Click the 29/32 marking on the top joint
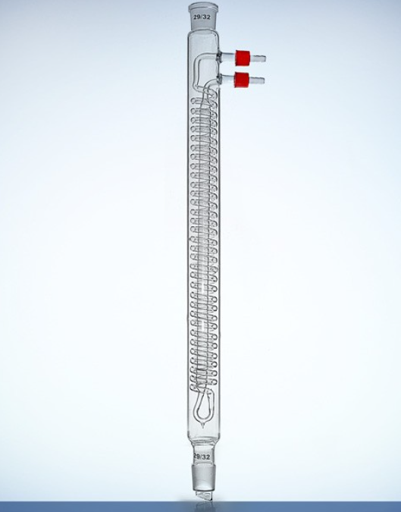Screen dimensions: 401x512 click(202, 18)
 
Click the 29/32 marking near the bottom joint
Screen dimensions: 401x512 click(202, 456)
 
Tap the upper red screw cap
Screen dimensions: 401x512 click(243, 58)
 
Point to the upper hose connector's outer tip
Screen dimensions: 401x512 click(265, 59)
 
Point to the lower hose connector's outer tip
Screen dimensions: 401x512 click(264, 80)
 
